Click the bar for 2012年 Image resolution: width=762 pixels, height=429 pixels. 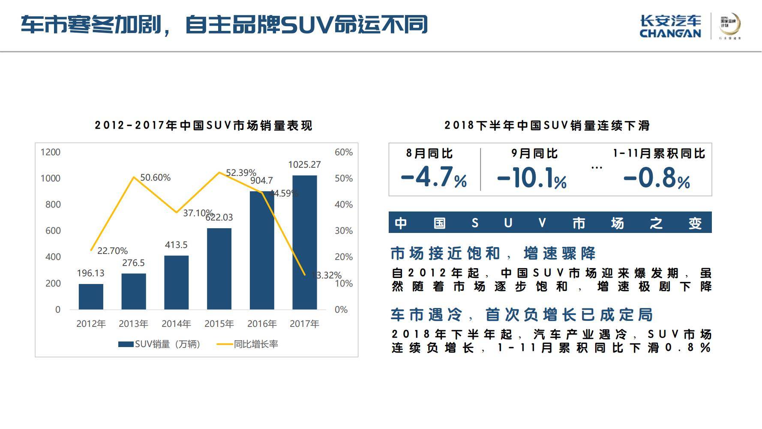click(x=91, y=296)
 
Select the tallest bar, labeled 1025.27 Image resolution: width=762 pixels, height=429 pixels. click(x=305, y=242)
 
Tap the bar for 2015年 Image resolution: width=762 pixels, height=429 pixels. click(x=219, y=269)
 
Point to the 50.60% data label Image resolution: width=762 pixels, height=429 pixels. click(x=155, y=178)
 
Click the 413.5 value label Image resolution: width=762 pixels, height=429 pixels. click(x=176, y=245)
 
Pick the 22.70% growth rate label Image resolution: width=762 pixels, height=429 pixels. click(x=112, y=251)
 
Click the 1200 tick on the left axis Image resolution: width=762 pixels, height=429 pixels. click(x=51, y=152)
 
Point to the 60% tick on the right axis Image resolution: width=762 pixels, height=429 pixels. click(x=343, y=152)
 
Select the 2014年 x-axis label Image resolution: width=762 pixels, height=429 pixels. click(x=176, y=324)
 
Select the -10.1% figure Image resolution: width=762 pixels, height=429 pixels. click(x=532, y=177)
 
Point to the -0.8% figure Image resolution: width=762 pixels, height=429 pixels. click(x=657, y=177)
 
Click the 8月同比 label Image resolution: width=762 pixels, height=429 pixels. click(x=429, y=154)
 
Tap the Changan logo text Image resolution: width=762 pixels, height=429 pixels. click(x=670, y=27)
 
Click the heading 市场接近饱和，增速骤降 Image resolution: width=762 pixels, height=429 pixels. click(x=493, y=254)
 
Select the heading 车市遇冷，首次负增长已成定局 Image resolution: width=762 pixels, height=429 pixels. click(x=522, y=315)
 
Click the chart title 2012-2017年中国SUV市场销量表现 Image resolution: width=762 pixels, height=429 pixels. click(x=204, y=126)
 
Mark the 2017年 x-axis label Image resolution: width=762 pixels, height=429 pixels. click(x=304, y=324)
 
